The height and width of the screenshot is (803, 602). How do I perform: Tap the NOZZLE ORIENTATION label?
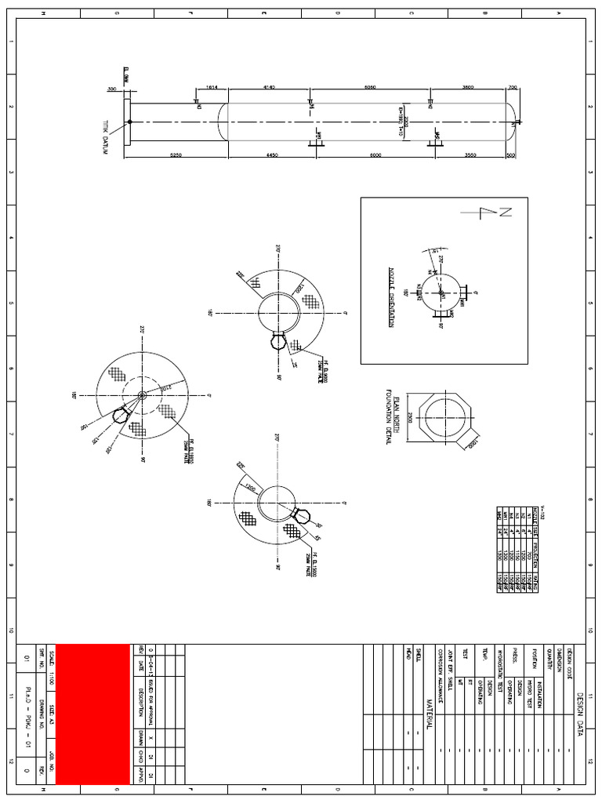point(392,298)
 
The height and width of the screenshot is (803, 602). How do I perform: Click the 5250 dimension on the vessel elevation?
point(176,155)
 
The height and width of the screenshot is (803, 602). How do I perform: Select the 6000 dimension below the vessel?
point(375,155)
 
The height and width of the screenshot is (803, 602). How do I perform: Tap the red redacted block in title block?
point(92,714)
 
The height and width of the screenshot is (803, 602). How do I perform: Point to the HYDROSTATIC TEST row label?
point(499,671)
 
